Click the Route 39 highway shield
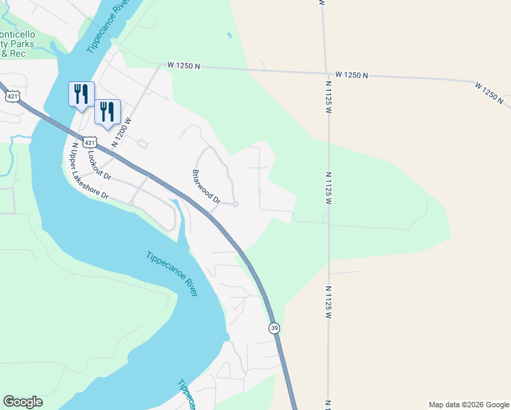pos(274,328)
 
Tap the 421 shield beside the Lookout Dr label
pos(89,142)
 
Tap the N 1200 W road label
pos(121,132)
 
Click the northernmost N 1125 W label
pos(328,96)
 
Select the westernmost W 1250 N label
pos(183,66)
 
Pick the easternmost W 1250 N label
pos(493,94)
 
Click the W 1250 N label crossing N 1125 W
pos(352,74)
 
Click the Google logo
pos(23,402)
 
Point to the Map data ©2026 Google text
pos(469,405)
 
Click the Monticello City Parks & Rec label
pos(20,42)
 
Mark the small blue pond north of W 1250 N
pos(229,35)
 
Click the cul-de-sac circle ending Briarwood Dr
pos(235,204)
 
